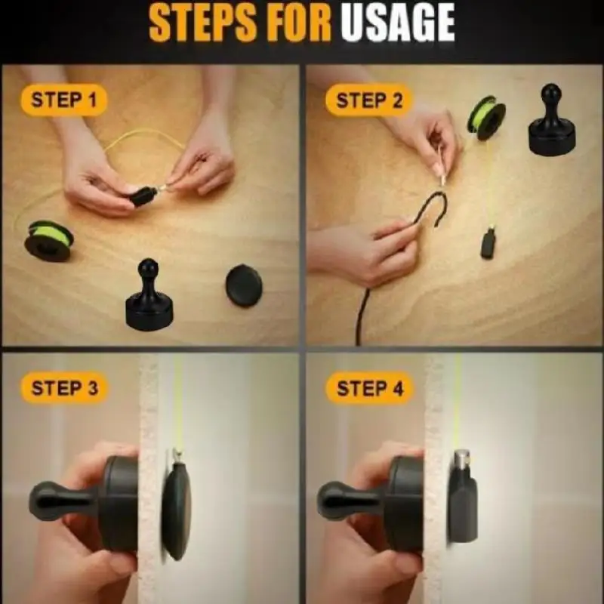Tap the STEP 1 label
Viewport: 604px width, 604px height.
coord(63,100)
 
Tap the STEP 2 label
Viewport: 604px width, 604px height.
coord(369,100)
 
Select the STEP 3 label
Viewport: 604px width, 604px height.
coord(64,388)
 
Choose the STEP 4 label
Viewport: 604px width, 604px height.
coord(370,388)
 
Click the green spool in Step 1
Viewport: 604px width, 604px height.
coord(48,241)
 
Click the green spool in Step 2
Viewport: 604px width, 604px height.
coord(486,119)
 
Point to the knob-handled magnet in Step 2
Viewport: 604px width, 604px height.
coord(552,120)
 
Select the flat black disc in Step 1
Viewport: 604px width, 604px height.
coord(244,285)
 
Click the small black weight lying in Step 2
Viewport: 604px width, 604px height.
coord(488,243)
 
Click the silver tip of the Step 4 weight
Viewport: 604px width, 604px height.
coord(462,458)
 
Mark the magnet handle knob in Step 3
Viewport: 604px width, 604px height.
coord(45,501)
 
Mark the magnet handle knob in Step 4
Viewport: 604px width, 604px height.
coord(333,501)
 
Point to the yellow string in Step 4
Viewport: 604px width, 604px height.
coord(457,401)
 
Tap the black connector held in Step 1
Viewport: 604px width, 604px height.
coord(143,196)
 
